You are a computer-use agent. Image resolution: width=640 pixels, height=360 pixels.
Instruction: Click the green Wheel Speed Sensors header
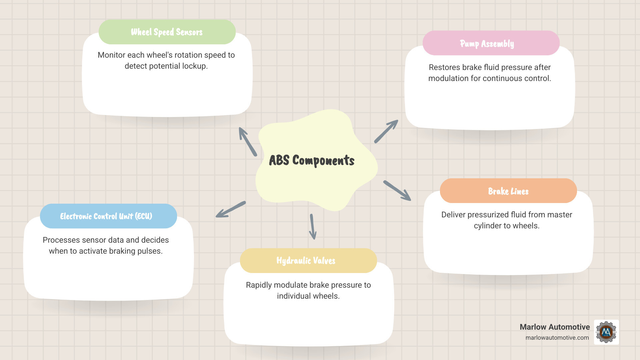(167, 32)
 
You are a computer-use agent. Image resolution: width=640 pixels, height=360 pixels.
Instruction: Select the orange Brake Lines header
(508, 191)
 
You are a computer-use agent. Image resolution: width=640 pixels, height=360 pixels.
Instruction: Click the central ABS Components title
(312, 160)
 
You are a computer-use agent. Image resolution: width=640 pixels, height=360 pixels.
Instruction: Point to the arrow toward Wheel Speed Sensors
(247, 141)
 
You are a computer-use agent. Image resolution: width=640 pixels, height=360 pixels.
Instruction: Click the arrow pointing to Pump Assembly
(386, 131)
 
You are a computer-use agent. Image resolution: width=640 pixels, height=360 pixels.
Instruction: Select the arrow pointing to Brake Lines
(397, 190)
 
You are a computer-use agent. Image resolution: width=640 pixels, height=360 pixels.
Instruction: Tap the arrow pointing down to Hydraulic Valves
(313, 227)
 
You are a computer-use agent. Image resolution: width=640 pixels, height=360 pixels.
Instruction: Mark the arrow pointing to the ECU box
(231, 209)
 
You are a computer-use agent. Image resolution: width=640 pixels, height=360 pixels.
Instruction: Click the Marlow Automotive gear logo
(606, 332)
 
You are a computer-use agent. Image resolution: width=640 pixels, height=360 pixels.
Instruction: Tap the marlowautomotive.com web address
(557, 338)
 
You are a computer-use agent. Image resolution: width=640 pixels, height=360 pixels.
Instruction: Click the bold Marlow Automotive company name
(554, 327)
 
